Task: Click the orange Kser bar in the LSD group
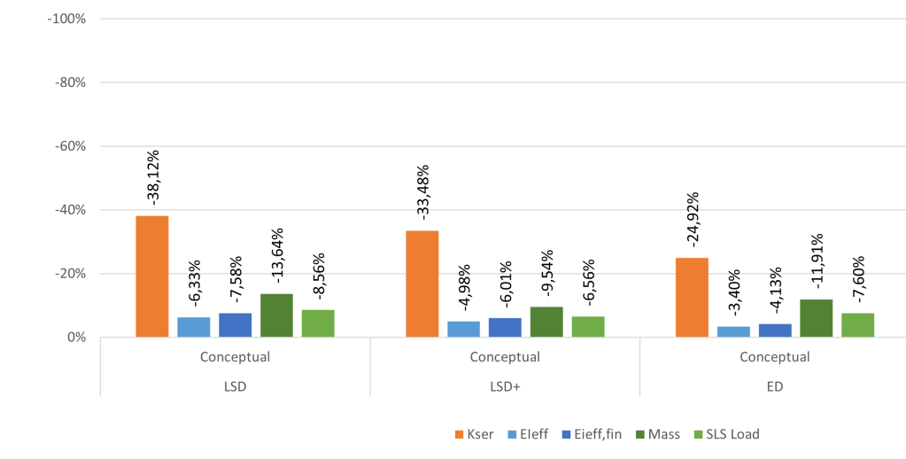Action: [151, 276]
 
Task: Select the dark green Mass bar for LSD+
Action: [546, 322]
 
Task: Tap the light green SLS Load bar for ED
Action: [857, 325]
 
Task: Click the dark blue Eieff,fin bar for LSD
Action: [235, 325]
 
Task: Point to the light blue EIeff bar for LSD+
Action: [463, 329]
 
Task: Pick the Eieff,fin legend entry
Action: [596, 434]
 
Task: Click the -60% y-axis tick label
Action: [67, 146]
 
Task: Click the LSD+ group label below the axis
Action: [504, 386]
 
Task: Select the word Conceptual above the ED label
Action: [774, 357]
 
